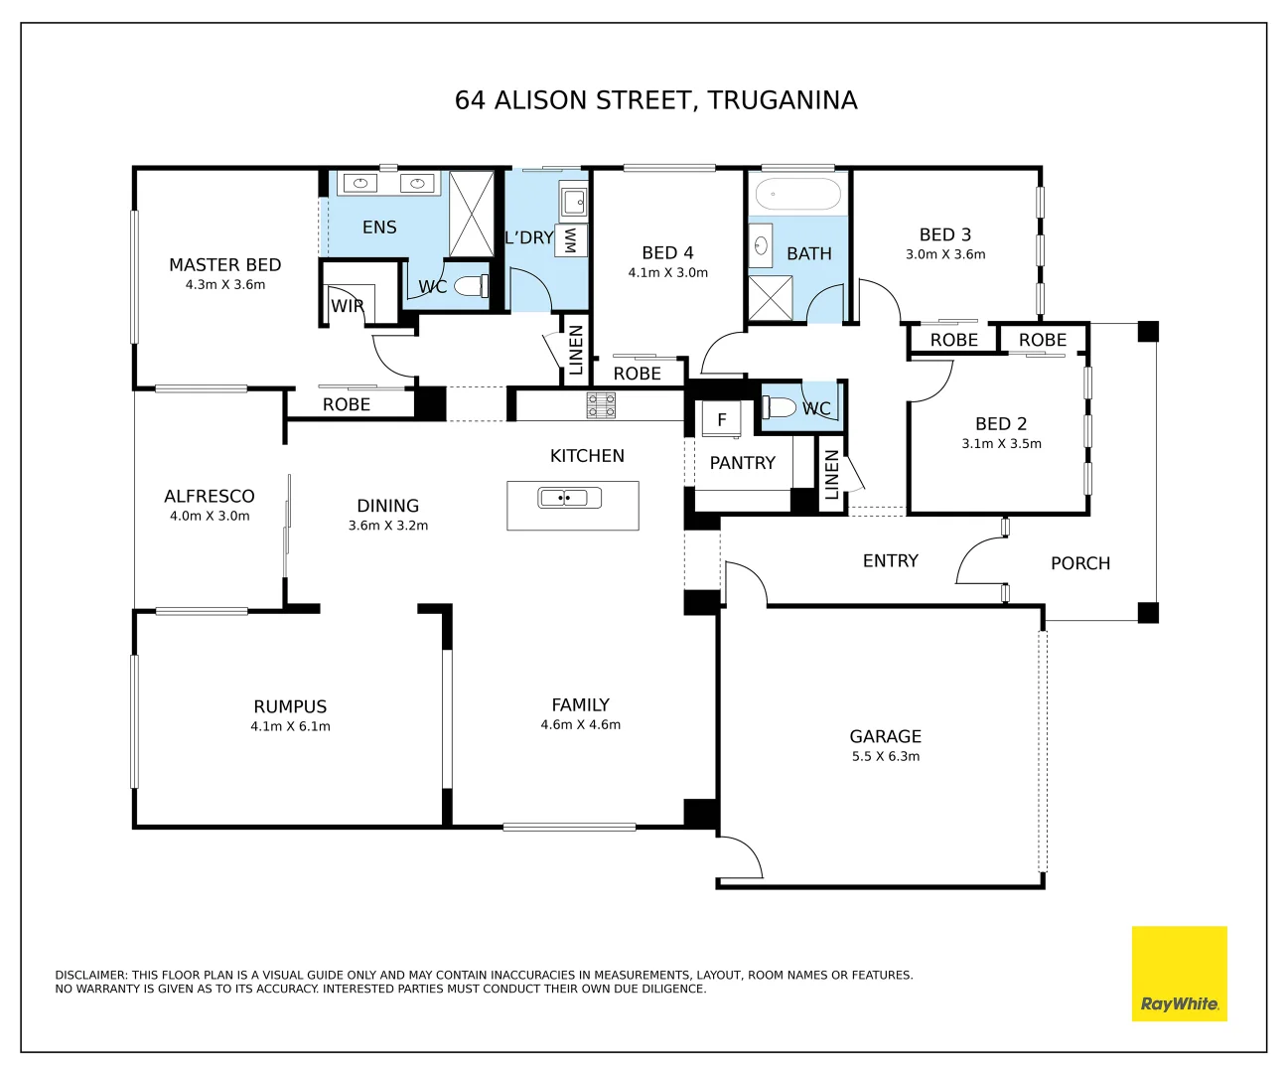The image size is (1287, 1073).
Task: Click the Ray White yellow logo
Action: [1179, 973]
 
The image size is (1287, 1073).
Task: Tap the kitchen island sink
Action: [569, 498]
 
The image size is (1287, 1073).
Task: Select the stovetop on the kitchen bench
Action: [601, 405]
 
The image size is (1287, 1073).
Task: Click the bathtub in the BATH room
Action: [797, 195]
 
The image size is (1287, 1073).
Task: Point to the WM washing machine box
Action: [571, 240]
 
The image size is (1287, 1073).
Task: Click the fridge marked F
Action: [722, 419]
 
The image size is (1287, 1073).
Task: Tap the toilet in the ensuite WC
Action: [471, 285]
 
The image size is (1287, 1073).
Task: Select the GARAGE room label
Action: [885, 736]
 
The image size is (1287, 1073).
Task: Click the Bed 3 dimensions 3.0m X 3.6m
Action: [945, 254]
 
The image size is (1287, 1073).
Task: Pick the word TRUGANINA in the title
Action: [783, 100]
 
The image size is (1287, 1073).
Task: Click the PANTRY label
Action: [742, 463]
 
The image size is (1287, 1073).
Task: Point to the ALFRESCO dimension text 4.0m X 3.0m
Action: [210, 517]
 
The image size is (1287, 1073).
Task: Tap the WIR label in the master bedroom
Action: [347, 306]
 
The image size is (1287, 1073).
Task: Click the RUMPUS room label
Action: [290, 706]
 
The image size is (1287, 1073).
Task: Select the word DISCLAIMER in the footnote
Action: [90, 975]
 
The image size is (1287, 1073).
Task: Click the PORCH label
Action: [1079, 563]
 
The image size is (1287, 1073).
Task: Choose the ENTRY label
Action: [890, 561]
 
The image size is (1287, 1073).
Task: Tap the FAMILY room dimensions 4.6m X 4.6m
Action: [580, 724]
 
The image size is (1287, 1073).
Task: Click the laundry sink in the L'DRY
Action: [574, 202]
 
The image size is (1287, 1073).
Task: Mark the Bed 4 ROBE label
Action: [637, 374]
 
